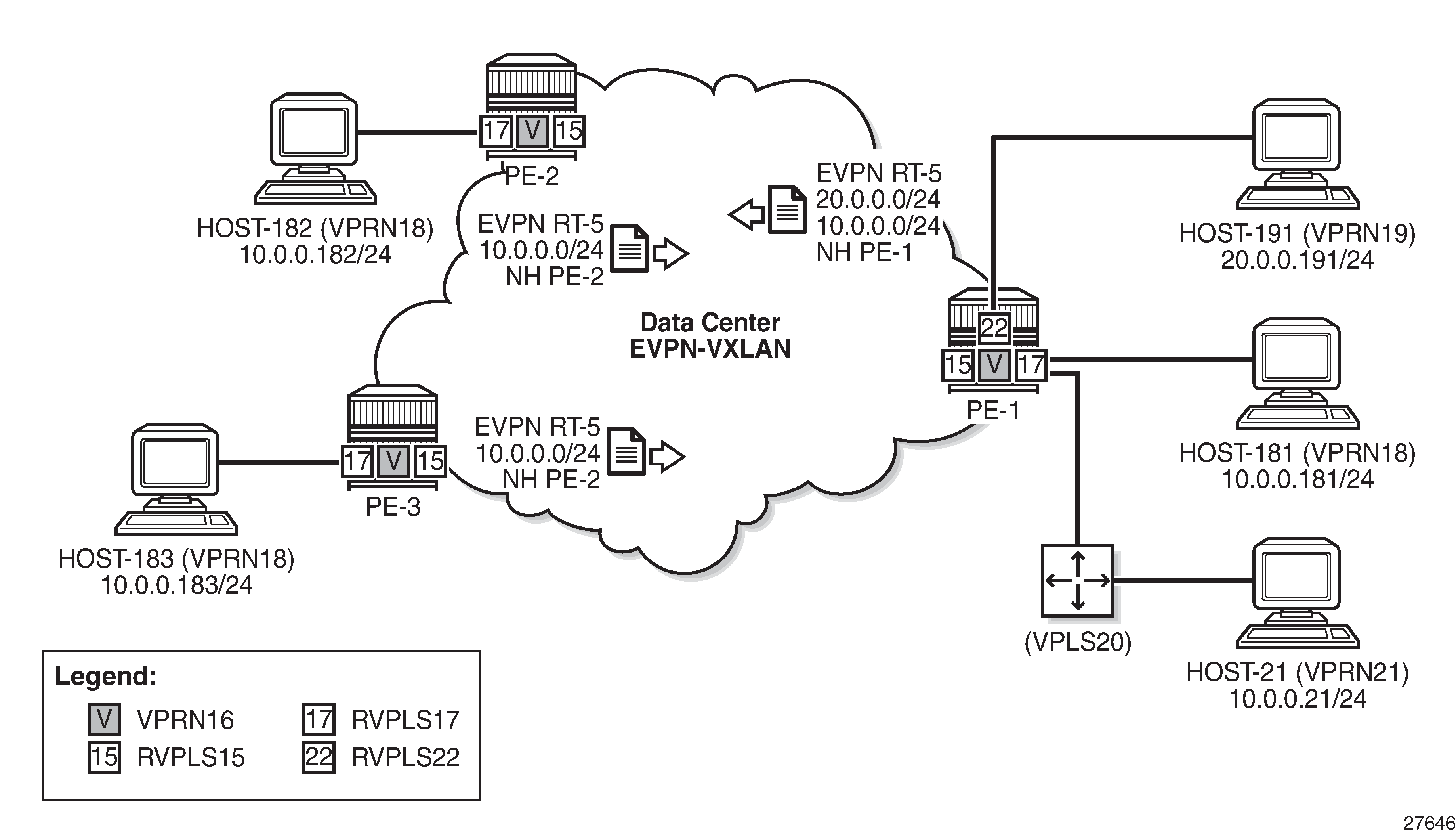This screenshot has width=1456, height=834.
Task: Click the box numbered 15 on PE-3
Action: click(430, 461)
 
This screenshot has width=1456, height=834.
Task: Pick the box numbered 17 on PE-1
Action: click(1031, 364)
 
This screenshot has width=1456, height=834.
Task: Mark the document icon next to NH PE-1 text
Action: click(787, 210)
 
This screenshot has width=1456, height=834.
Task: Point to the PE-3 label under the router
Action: click(393, 507)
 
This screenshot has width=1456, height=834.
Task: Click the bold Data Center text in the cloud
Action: click(710, 323)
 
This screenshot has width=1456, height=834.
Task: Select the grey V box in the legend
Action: click(103, 719)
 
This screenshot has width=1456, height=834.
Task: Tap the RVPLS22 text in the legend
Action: click(405, 757)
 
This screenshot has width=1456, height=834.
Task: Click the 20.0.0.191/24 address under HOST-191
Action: click(1297, 260)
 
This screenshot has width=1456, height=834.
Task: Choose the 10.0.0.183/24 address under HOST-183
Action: click(176, 585)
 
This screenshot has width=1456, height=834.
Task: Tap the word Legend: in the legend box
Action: click(105, 676)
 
